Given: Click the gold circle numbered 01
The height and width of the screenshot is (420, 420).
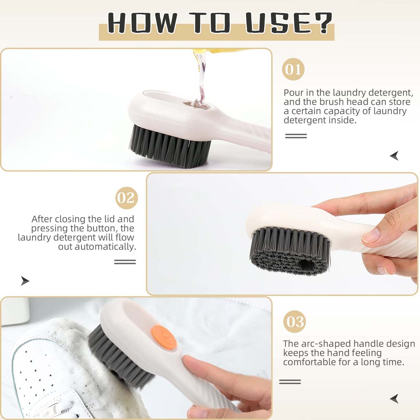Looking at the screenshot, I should tap(293, 69).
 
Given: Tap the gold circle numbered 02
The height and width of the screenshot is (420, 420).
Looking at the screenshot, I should tap(126, 198).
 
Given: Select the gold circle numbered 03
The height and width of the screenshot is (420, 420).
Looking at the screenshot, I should tap(294, 321).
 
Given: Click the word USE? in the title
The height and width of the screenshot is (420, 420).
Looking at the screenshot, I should tap(289, 23).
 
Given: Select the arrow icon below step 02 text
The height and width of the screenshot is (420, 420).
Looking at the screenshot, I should tap(25, 281).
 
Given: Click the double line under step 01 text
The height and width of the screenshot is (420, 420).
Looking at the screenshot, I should tap(296, 136).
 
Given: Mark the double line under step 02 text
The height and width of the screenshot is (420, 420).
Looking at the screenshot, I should tap(125, 262).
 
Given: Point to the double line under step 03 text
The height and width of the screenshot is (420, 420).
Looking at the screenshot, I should tap(290, 382).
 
